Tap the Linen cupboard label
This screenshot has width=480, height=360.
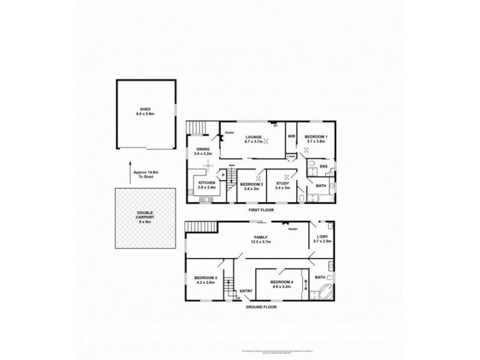click(x=291, y=156)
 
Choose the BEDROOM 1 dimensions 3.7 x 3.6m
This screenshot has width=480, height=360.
click(x=316, y=141)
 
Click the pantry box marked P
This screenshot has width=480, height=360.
click(x=223, y=175)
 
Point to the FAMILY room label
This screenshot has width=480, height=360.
click(x=260, y=238)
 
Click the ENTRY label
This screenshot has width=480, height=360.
click(x=246, y=292)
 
